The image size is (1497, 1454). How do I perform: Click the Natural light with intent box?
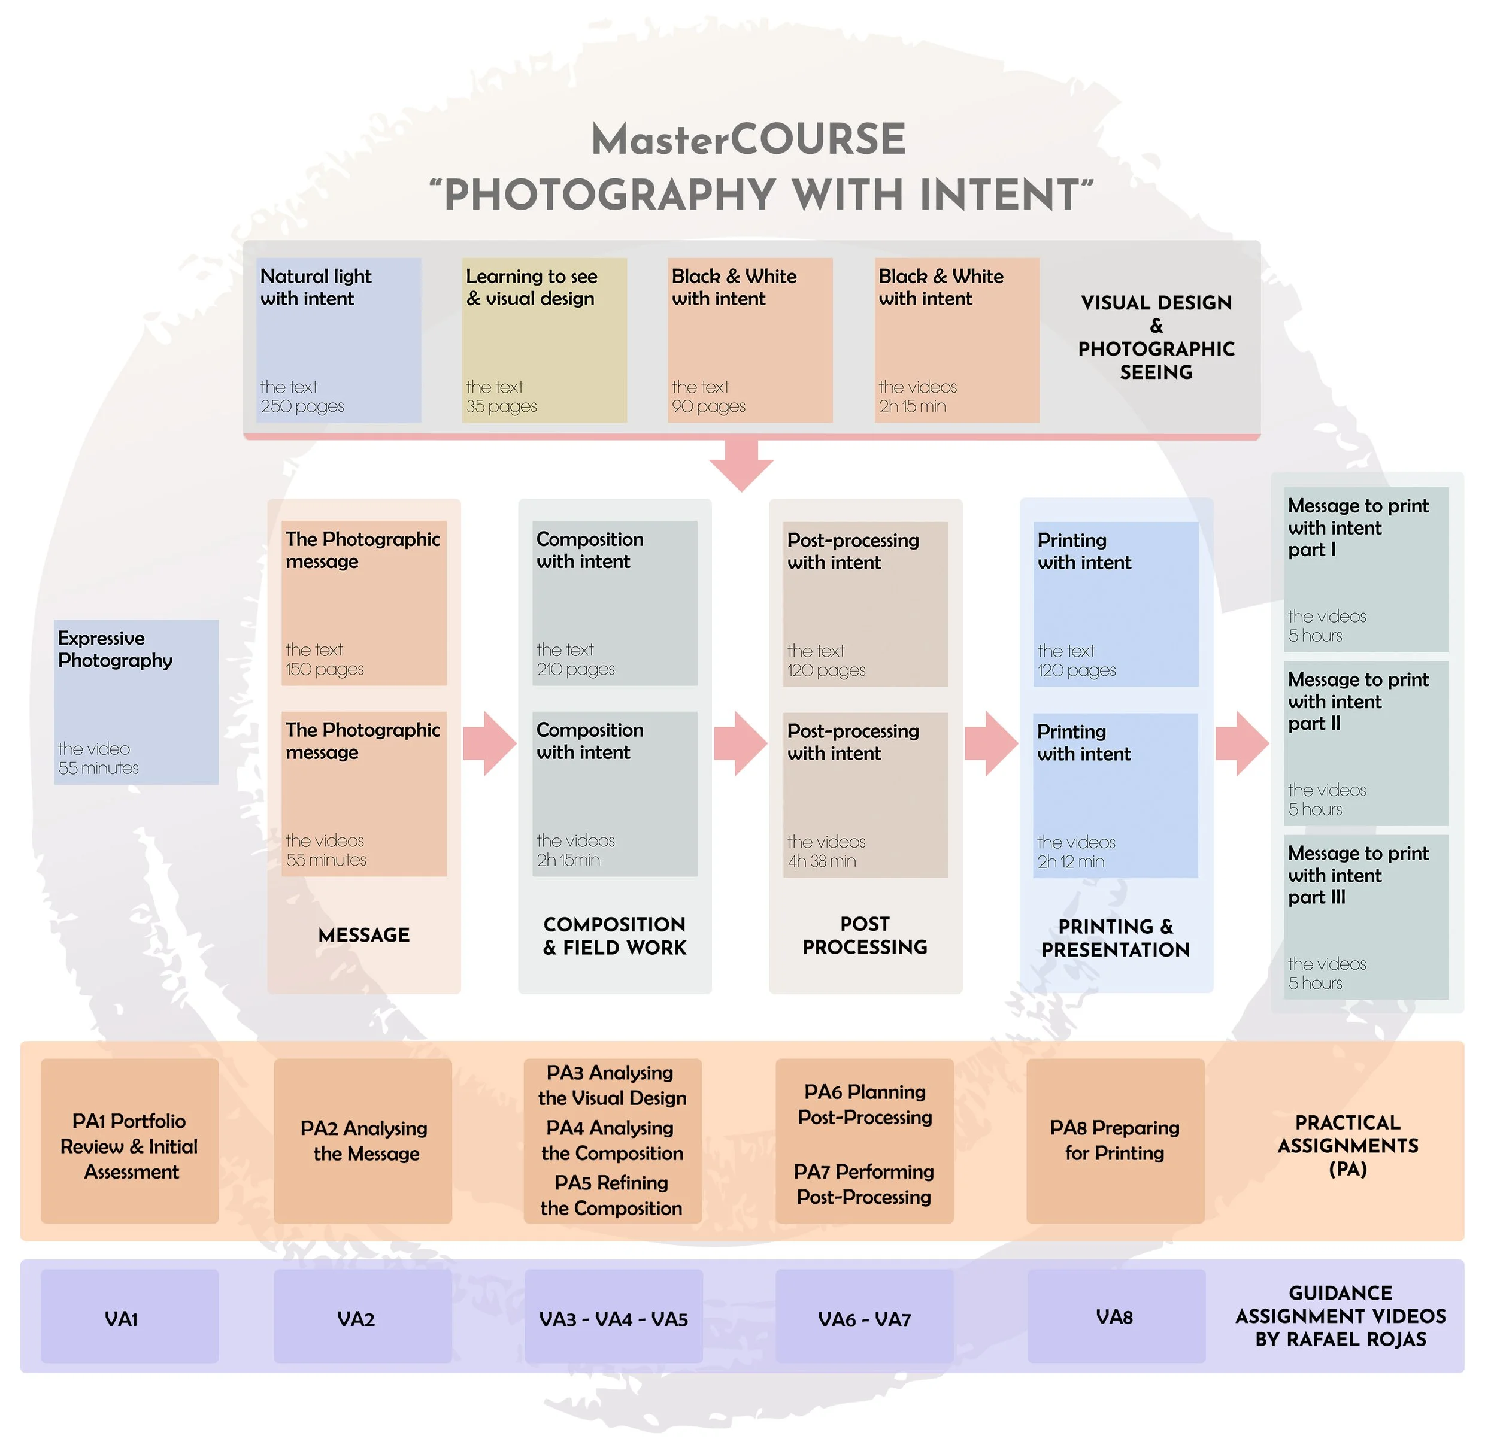pos(338,340)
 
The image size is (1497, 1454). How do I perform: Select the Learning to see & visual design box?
pos(544,340)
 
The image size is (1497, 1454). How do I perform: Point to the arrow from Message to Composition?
pos(490,744)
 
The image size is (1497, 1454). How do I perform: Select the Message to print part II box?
pos(1366,743)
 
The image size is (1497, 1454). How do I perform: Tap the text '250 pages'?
pos(302,406)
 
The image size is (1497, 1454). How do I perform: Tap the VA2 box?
pos(363,1319)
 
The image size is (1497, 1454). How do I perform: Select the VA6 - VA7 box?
pos(865,1319)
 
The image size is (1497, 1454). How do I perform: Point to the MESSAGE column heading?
pos(363,935)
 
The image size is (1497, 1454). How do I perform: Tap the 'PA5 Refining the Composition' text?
pos(612,1196)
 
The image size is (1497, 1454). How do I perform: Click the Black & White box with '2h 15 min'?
pos(957,340)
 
